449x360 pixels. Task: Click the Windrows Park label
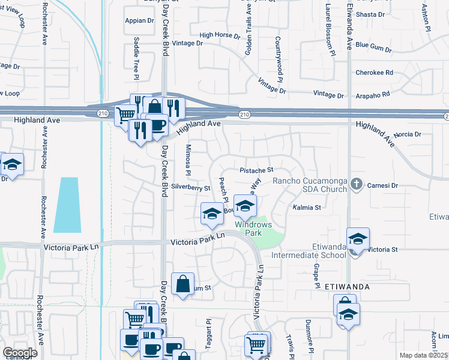tap(253, 229)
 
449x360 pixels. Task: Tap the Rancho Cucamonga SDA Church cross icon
tap(356, 184)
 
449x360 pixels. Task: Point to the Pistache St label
tap(256, 170)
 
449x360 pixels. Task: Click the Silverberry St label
tap(190, 188)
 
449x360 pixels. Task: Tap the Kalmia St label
tap(307, 207)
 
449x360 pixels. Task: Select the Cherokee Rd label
tap(374, 73)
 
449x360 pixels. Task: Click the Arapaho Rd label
tap(370, 94)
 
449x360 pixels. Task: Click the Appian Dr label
tap(139, 20)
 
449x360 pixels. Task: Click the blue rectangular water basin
tap(67, 205)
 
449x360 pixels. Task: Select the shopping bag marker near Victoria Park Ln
tap(182, 284)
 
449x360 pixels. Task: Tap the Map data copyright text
tap(423, 355)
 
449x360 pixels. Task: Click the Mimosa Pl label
tap(188, 161)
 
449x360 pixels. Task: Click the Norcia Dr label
tap(408, 134)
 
